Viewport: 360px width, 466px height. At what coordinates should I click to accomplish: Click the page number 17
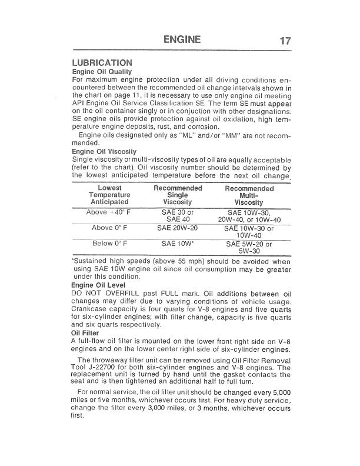click(x=286, y=41)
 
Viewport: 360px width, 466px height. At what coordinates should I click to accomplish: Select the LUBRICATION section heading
click(x=102, y=62)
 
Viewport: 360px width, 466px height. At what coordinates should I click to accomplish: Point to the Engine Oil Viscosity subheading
click(x=104, y=152)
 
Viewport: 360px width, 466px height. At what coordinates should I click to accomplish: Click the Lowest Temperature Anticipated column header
click(x=109, y=195)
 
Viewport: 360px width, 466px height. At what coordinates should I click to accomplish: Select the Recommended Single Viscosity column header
click(x=178, y=195)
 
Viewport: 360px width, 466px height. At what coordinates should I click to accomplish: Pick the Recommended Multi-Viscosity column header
click(x=249, y=195)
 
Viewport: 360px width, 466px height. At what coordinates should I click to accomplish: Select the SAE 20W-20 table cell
click(x=178, y=228)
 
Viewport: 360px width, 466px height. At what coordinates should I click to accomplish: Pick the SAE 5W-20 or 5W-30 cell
click(x=249, y=247)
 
